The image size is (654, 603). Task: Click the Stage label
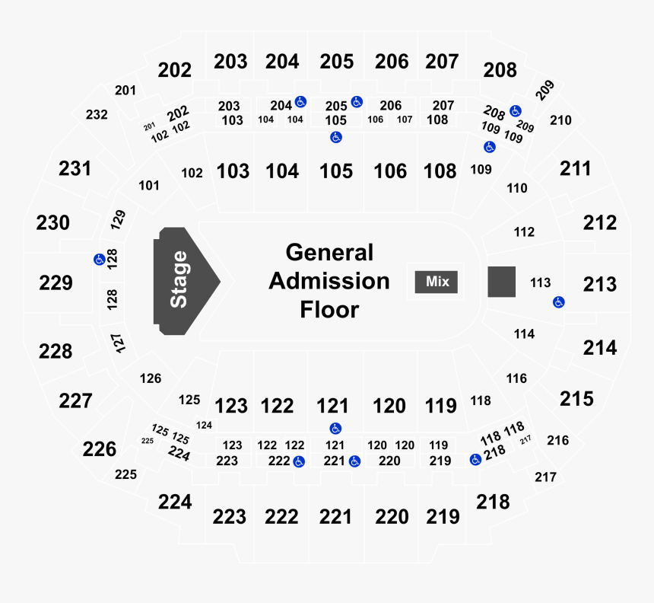[179, 279]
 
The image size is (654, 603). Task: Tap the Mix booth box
[437, 282]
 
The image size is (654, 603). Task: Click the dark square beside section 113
[502, 282]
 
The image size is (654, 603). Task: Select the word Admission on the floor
[329, 281]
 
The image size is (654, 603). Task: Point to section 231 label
[75, 169]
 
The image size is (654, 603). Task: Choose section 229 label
[56, 282]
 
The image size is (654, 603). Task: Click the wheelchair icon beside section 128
[100, 260]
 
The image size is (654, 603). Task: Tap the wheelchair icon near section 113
[559, 302]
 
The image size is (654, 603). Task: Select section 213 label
[600, 285]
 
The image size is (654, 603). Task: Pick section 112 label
[524, 232]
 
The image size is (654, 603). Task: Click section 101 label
[149, 186]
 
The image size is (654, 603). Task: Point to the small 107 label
[405, 120]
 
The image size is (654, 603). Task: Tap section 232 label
[97, 114]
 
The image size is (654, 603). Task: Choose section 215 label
[577, 399]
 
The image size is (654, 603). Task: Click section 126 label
[151, 378]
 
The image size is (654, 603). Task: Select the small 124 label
[204, 425]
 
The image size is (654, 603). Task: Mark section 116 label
[517, 378]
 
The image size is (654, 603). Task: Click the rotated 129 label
[118, 219]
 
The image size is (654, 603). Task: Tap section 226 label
[100, 449]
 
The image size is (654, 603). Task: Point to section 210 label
[560, 120]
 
